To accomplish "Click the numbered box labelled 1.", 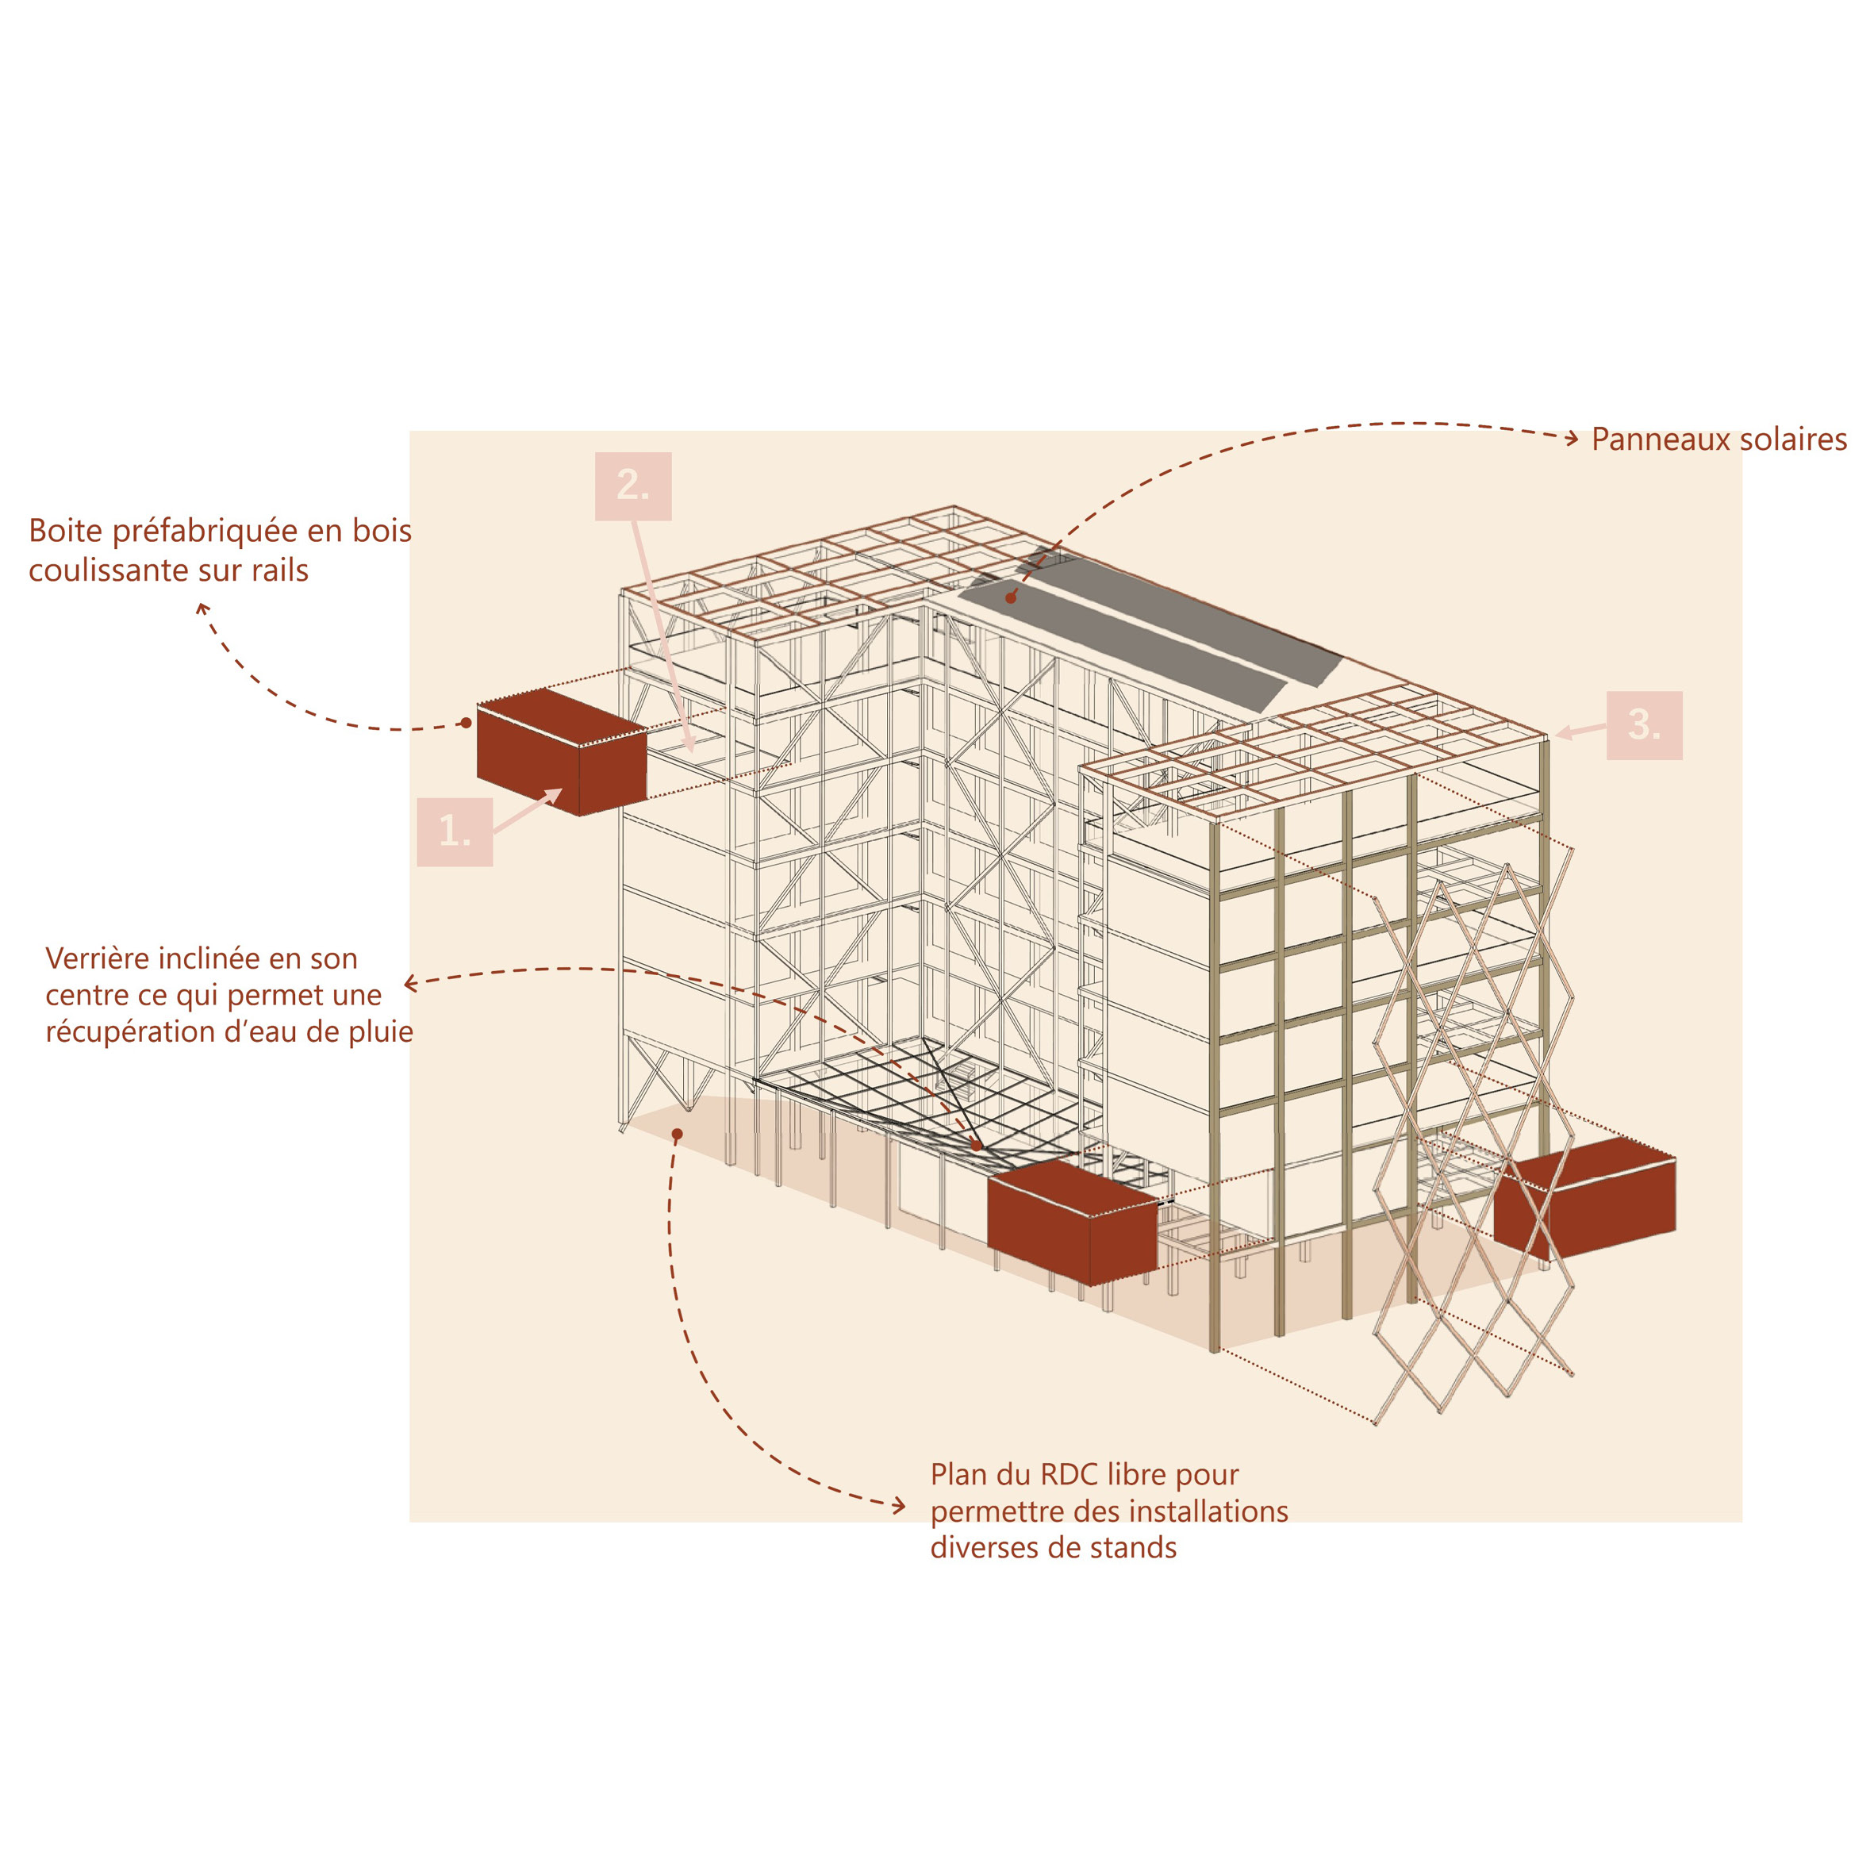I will click(x=454, y=831).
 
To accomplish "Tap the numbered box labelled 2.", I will click(x=632, y=486).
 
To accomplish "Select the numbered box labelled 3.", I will click(x=1644, y=724).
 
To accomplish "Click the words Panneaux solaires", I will click(x=1718, y=440).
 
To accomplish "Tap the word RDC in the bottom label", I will click(x=1069, y=1474).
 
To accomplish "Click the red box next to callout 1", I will click(x=561, y=754).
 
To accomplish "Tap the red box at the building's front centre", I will click(x=1071, y=1224).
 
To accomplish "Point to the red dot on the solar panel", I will click(x=1011, y=598).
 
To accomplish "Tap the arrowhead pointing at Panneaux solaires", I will click(x=1573, y=439).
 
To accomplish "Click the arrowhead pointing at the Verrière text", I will click(x=409, y=984).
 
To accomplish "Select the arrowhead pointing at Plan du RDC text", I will click(x=901, y=1507).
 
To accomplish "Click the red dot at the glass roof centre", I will click(x=977, y=1146).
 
